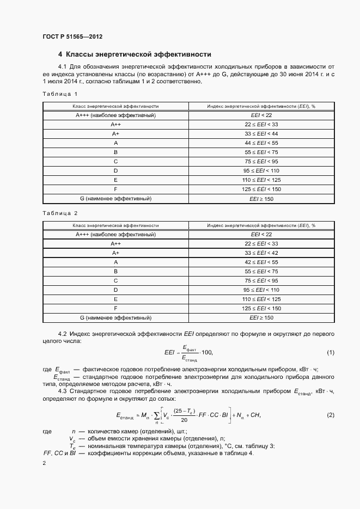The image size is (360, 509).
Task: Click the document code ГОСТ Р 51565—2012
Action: pyautogui.click(x=72, y=37)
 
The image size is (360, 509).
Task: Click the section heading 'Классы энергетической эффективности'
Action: pyautogui.click(x=138, y=54)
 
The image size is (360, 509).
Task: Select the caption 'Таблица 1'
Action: pyautogui.click(x=60, y=94)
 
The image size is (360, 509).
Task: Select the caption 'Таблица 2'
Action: pyautogui.click(x=60, y=213)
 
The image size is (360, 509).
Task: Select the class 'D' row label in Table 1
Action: pyautogui.click(x=115, y=171)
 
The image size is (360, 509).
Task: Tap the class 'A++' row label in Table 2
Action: pyautogui.click(x=115, y=243)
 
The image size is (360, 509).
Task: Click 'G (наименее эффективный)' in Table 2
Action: pyautogui.click(x=115, y=317)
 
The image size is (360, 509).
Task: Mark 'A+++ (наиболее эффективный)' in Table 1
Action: pyautogui.click(x=115, y=115)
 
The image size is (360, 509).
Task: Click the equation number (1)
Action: pyautogui.click(x=331, y=353)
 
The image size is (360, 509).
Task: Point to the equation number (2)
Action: pyautogui.click(x=331, y=415)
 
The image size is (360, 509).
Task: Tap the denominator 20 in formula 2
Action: pyautogui.click(x=185, y=420)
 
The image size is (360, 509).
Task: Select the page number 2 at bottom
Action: pyautogui.click(x=45, y=463)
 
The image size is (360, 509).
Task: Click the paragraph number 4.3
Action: pyautogui.click(x=62, y=391)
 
